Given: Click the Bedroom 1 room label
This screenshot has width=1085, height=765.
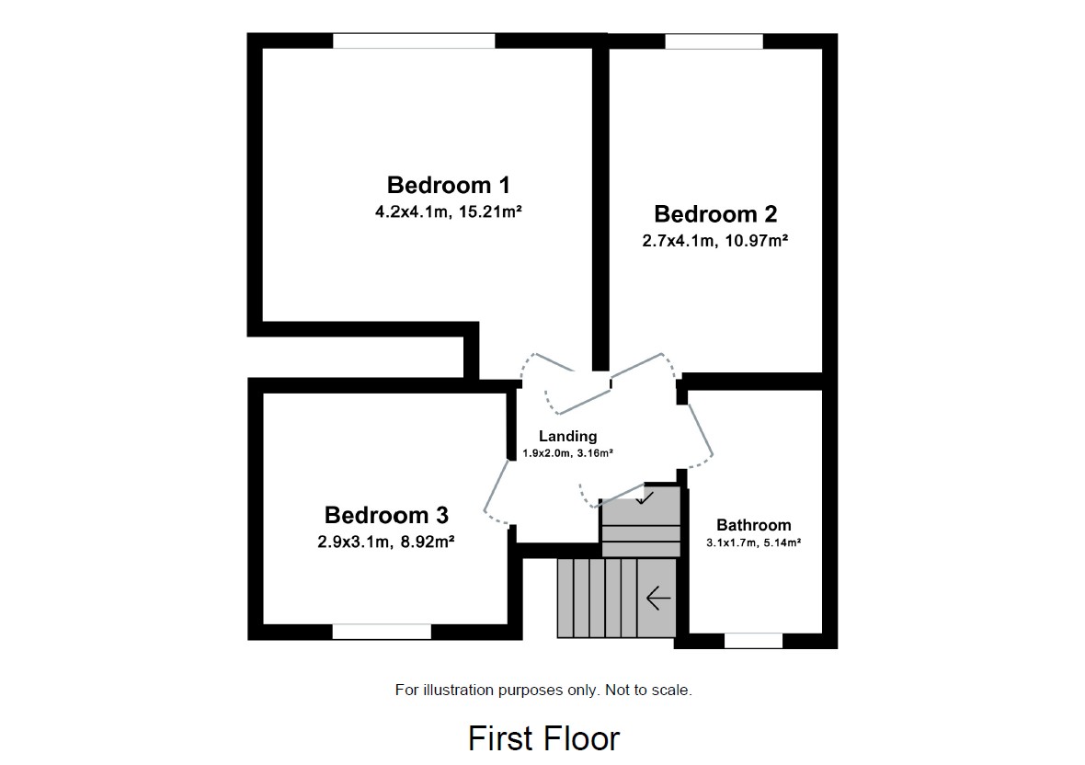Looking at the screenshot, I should [x=448, y=185].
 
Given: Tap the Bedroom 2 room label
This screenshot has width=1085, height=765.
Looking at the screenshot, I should [x=715, y=214].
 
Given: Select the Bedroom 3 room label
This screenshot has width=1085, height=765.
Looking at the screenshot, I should [x=386, y=515].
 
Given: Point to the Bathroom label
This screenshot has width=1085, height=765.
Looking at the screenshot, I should [x=753, y=525].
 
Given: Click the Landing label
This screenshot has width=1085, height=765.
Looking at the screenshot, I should [x=567, y=437].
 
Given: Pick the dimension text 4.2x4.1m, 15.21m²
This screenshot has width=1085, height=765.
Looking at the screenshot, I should [x=448, y=212].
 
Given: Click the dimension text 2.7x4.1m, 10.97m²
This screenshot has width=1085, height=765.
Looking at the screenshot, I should [x=715, y=241].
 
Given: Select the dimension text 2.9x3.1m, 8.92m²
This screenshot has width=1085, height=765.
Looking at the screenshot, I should [x=386, y=542].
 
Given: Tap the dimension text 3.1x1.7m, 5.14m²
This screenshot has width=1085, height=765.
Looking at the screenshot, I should [x=753, y=543].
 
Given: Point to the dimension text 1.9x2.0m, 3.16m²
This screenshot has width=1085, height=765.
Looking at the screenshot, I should [x=567, y=453].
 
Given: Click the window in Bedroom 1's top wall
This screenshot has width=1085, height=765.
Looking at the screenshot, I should [x=414, y=40].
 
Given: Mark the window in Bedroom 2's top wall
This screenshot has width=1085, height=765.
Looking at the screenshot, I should [x=714, y=40].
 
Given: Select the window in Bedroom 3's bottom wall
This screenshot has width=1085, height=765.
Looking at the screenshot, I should [x=382, y=632].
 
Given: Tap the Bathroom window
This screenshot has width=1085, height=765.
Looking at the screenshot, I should [x=753, y=641].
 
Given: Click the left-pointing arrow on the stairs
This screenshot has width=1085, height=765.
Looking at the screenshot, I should [x=658, y=599].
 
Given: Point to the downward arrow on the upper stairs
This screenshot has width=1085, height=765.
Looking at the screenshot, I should [x=645, y=497].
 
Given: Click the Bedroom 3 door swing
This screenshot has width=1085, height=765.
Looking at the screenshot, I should [x=497, y=492].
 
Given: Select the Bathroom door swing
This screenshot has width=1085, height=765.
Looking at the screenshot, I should [x=697, y=432].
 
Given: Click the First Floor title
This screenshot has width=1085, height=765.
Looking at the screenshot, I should [x=543, y=738].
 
